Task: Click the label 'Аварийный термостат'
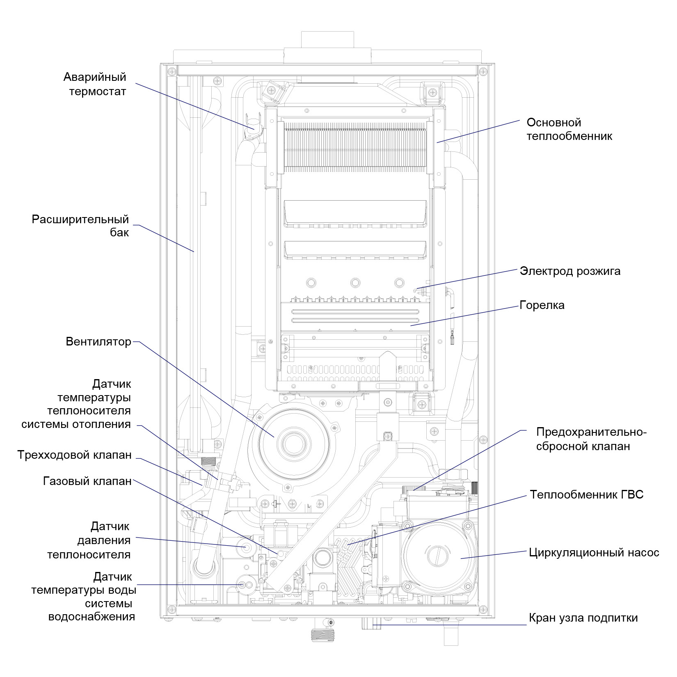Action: click(x=95, y=84)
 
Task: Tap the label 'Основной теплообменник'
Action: click(x=570, y=129)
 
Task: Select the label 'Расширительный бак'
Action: click(x=80, y=226)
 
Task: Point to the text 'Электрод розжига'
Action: click(x=570, y=271)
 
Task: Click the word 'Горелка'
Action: click(x=542, y=305)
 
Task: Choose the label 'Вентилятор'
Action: click(x=98, y=342)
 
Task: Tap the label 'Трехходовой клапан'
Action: click(x=74, y=455)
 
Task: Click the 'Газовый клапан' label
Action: click(x=87, y=481)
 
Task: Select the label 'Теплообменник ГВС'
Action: click(x=587, y=494)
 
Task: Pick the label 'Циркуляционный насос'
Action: click(x=594, y=553)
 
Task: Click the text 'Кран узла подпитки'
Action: click(x=583, y=618)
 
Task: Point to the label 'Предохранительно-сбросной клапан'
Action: click(x=591, y=439)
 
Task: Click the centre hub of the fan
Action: click(x=292, y=444)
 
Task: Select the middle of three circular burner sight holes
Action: click(x=355, y=282)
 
